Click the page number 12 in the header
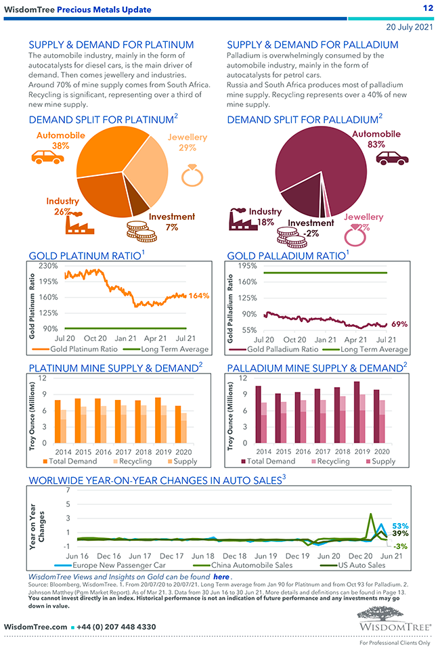coord(427,8)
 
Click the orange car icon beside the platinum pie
coord(47,156)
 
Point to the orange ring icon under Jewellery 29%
coord(190,175)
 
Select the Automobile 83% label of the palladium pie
coord(376,139)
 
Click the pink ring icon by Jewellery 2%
coord(353,237)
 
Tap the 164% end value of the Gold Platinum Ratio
coord(199,296)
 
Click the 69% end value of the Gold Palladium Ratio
coord(399,324)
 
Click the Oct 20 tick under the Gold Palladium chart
coord(294,340)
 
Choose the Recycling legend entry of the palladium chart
coord(331,461)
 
